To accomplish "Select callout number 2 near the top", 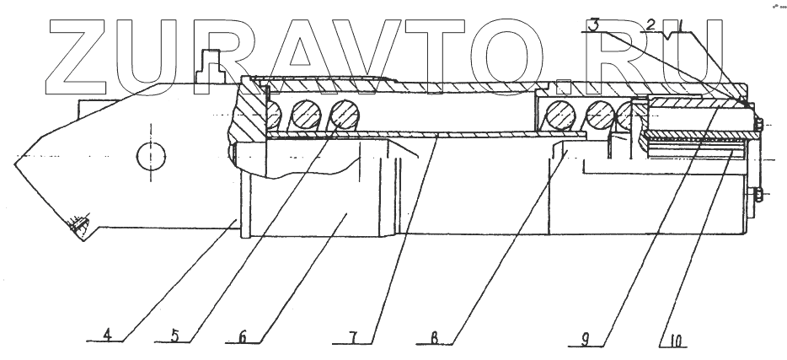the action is (x=650, y=24).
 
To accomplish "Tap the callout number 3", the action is (x=595, y=25).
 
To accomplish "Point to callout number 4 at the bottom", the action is (x=108, y=333).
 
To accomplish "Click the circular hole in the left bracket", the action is (x=152, y=155).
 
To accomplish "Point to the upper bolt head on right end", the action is (x=760, y=126).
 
